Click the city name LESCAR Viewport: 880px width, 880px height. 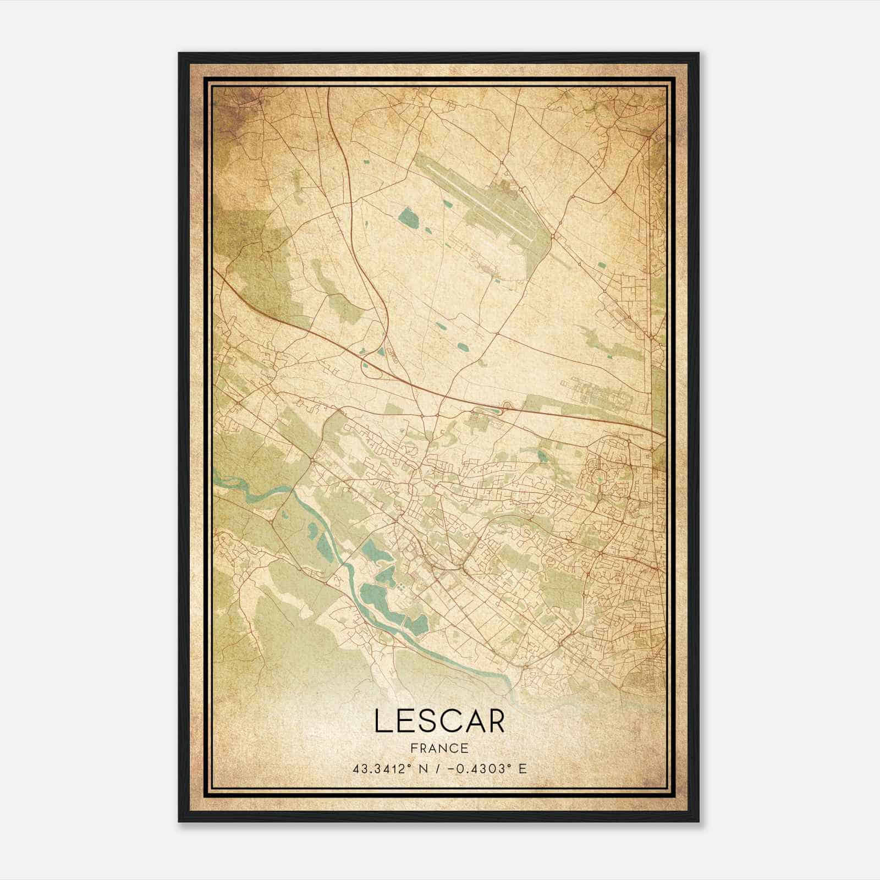439,721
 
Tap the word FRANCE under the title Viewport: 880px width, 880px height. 439,748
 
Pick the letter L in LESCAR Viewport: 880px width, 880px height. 383,721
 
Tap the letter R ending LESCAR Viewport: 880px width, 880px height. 494,721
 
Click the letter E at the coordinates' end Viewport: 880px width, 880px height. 522,768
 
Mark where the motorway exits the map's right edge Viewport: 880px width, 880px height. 663,435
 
